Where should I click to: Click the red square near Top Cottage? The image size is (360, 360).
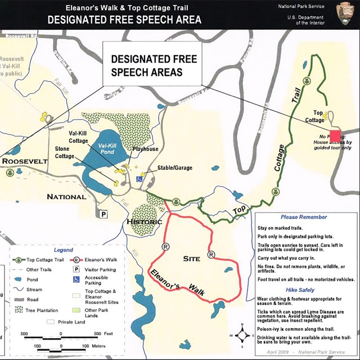click(336, 136)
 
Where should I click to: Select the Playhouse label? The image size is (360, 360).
click(145, 150)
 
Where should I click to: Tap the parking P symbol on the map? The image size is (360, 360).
click(103, 214)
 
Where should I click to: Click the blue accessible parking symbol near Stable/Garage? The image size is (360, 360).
click(138, 179)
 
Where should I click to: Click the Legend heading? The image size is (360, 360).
click(63, 250)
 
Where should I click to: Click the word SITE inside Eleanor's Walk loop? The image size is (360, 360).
click(192, 259)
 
